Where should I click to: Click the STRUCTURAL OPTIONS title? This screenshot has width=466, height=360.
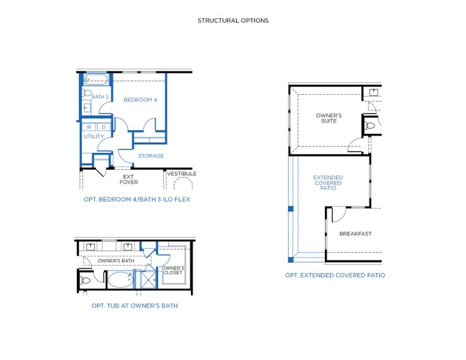click(x=233, y=20)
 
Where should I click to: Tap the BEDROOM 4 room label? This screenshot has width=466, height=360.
click(x=140, y=100)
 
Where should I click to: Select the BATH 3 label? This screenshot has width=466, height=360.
click(x=100, y=97)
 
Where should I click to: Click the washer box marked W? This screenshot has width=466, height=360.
click(x=89, y=127)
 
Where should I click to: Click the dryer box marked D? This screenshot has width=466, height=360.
click(x=103, y=127)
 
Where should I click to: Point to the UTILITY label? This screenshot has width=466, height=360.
click(x=94, y=137)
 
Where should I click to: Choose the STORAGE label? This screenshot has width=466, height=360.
click(x=151, y=156)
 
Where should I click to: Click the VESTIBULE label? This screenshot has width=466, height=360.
click(x=182, y=174)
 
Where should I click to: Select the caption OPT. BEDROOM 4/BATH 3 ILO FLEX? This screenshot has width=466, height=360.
click(x=136, y=199)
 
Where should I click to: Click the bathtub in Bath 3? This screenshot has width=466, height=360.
click(x=96, y=79)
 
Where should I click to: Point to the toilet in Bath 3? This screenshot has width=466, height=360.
click(x=87, y=94)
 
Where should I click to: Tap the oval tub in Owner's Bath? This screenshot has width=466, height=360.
click(x=120, y=280)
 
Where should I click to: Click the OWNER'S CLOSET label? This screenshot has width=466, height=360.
click(x=173, y=271)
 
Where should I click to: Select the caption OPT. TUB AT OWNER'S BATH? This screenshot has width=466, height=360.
click(x=134, y=305)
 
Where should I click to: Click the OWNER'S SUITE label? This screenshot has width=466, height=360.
click(x=328, y=118)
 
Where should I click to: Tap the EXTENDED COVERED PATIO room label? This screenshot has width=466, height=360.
click(x=328, y=183)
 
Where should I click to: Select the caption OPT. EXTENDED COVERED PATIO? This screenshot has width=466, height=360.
click(x=335, y=275)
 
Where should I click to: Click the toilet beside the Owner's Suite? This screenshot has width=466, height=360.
click(x=370, y=126)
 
